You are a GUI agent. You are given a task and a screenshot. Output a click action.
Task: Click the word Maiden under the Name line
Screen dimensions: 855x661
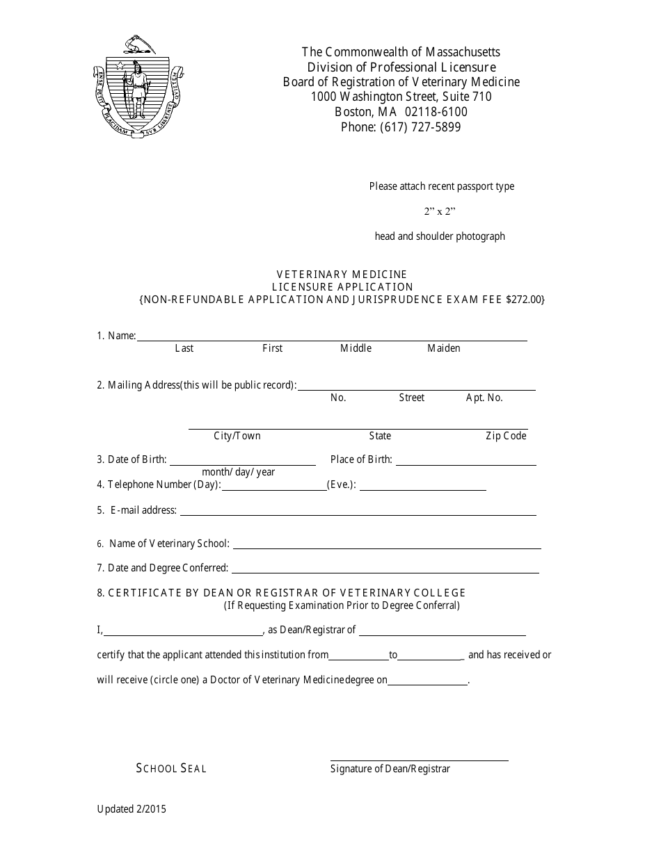pyautogui.click(x=444, y=348)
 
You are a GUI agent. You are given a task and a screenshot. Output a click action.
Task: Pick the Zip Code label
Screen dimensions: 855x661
pyautogui.click(x=506, y=436)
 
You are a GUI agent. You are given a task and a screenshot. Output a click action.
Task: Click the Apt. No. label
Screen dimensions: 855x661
pyautogui.click(x=484, y=398)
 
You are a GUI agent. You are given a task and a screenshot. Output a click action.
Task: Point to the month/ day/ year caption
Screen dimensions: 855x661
pyautogui.click(x=239, y=472)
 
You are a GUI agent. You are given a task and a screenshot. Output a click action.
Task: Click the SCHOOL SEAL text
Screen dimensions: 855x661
pyautogui.click(x=171, y=768)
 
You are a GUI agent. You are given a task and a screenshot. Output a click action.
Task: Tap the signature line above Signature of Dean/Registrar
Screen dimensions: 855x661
pyautogui.click(x=419, y=760)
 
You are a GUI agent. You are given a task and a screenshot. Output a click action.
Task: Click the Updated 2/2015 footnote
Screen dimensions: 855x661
pyautogui.click(x=132, y=808)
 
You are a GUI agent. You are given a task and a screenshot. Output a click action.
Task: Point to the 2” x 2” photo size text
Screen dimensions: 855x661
pyautogui.click(x=440, y=211)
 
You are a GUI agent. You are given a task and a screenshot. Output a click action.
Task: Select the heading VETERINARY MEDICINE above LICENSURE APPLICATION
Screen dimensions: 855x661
pyautogui.click(x=342, y=275)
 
